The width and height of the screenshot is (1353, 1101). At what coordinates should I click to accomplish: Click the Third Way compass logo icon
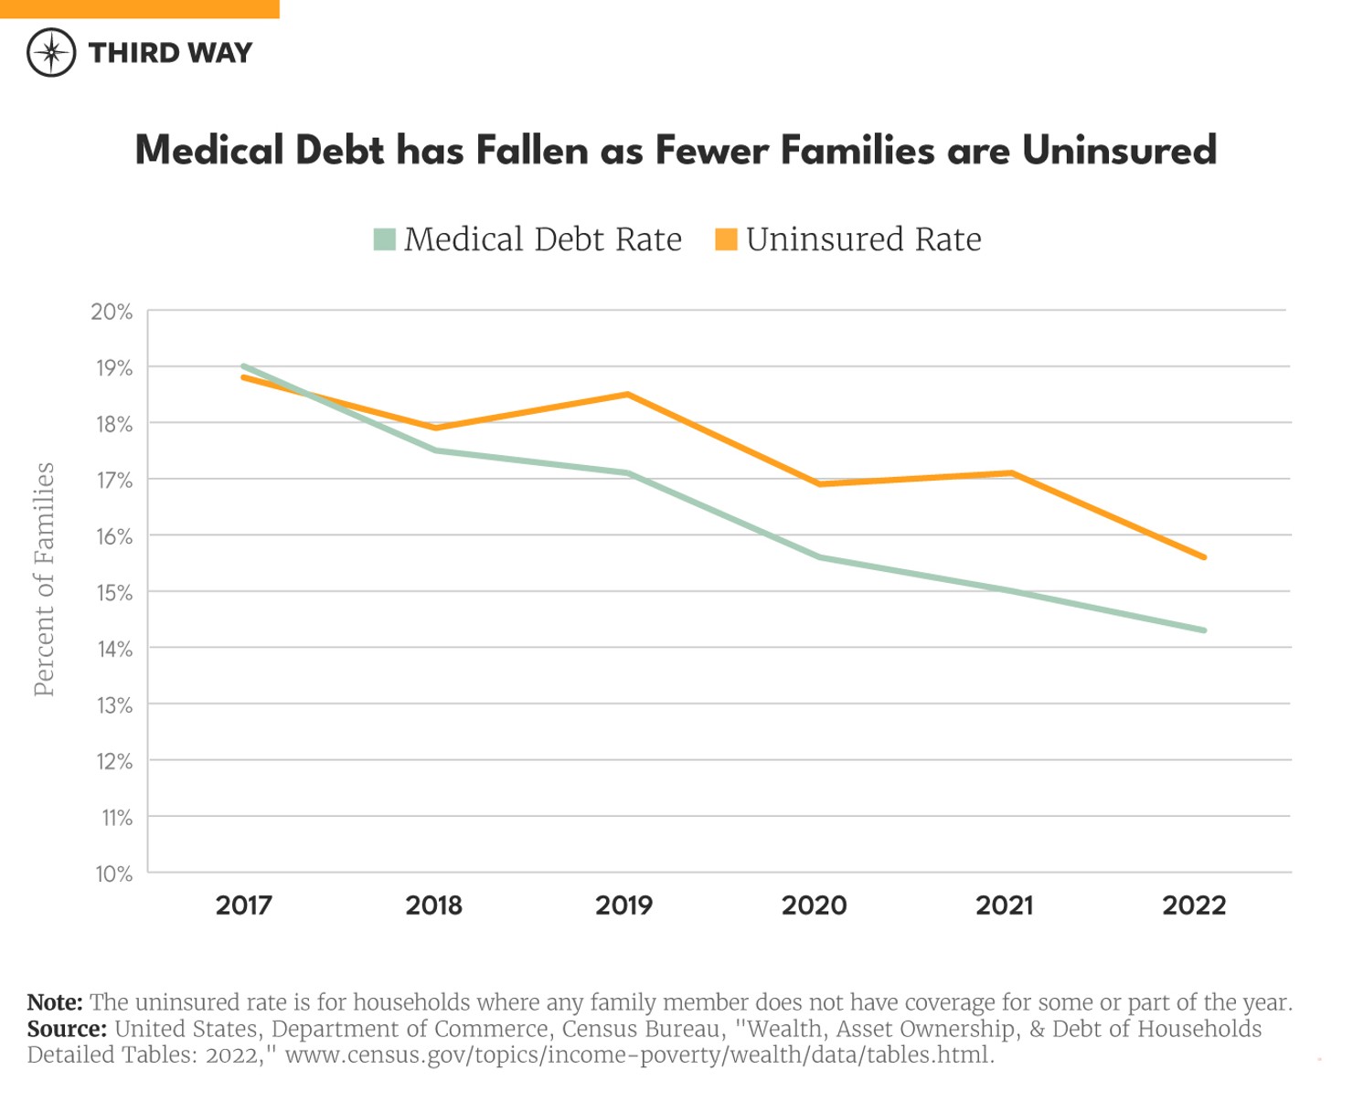[x=51, y=52]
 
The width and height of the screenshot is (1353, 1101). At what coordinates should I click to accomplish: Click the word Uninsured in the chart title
[x=1119, y=151]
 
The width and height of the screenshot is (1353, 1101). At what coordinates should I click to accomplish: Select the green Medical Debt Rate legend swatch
[x=385, y=239]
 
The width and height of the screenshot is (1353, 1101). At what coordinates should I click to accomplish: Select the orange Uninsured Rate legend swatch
[x=726, y=239]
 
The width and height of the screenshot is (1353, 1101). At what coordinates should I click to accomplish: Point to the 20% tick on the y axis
[x=112, y=312]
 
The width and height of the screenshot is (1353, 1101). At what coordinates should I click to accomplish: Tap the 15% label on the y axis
[x=114, y=593]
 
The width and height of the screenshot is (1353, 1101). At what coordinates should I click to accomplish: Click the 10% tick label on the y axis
[x=114, y=874]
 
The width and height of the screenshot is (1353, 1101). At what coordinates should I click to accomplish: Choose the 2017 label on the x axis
[x=244, y=905]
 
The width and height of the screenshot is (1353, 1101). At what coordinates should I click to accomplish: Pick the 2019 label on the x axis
[x=624, y=905]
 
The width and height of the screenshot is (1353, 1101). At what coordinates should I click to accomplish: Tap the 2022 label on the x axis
[x=1194, y=905]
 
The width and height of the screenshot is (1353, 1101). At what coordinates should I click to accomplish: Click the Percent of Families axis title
[x=44, y=579]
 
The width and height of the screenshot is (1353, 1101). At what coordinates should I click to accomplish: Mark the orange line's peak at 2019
[x=627, y=395]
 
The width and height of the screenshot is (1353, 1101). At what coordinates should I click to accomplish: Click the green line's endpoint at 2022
[x=1204, y=630]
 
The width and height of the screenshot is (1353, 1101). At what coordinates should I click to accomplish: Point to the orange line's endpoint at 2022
[x=1204, y=556]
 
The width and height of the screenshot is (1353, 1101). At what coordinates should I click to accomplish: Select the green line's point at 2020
[x=818, y=556]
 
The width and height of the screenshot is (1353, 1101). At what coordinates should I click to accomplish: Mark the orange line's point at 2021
[x=1011, y=473]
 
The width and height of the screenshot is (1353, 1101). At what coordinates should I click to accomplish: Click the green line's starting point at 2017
[x=244, y=366]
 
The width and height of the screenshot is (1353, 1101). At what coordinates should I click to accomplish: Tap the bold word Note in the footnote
[x=55, y=1002]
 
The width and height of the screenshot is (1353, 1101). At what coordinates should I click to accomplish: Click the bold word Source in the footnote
[x=67, y=1029]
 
